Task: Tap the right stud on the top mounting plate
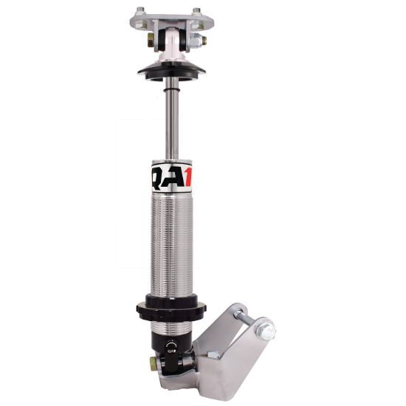[x=196, y=10]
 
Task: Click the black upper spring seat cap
[x=171, y=71]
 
